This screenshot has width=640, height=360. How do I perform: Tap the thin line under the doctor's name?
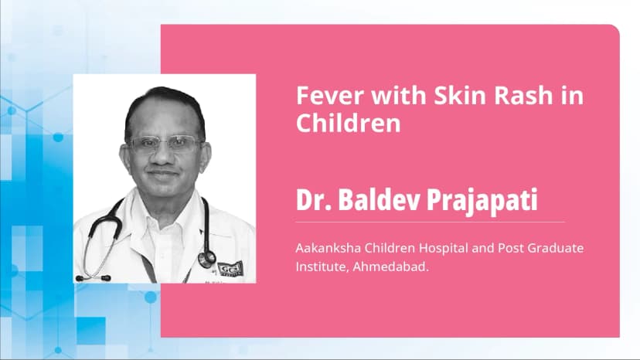pos(430,222)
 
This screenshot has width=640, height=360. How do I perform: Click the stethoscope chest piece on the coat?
pos(206,257)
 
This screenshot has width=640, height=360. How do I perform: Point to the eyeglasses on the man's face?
pos(165,144)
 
